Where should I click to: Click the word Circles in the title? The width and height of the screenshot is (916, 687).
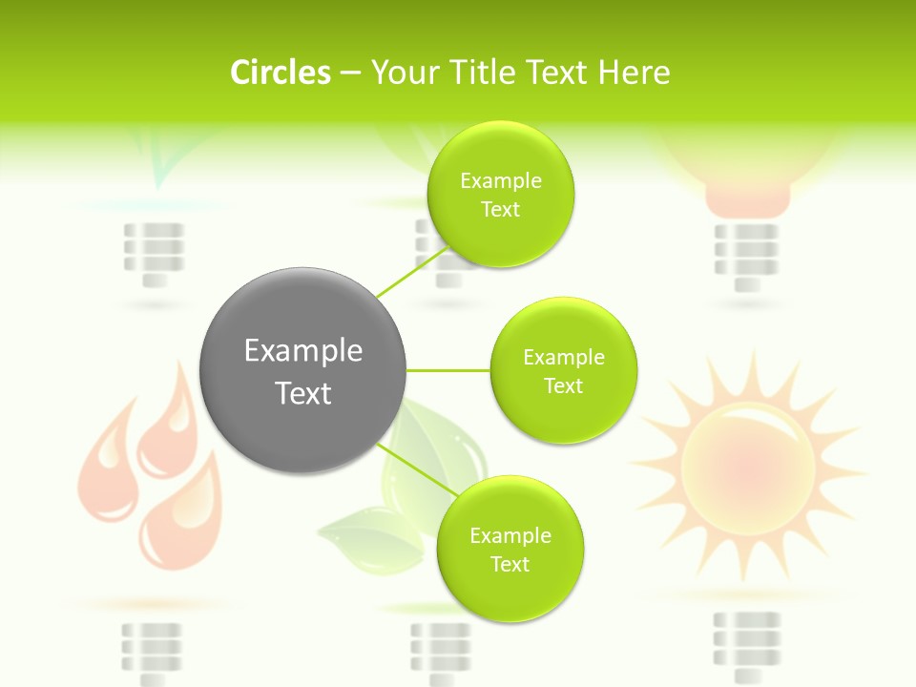tap(280, 73)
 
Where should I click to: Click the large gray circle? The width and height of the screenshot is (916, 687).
tap(302, 370)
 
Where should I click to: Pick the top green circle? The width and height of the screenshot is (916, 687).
tap(500, 195)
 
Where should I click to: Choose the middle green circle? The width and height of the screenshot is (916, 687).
tap(563, 370)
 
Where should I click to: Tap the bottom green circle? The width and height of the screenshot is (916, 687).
tap(510, 549)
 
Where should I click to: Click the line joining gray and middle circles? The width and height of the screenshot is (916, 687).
tap(448, 370)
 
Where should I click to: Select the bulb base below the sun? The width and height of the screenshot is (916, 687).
tap(746, 639)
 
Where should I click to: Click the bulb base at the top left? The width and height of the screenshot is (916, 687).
tap(153, 252)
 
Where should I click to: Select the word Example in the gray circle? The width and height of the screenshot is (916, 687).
tap(302, 351)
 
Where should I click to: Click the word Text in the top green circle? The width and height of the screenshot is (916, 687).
tap(500, 210)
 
